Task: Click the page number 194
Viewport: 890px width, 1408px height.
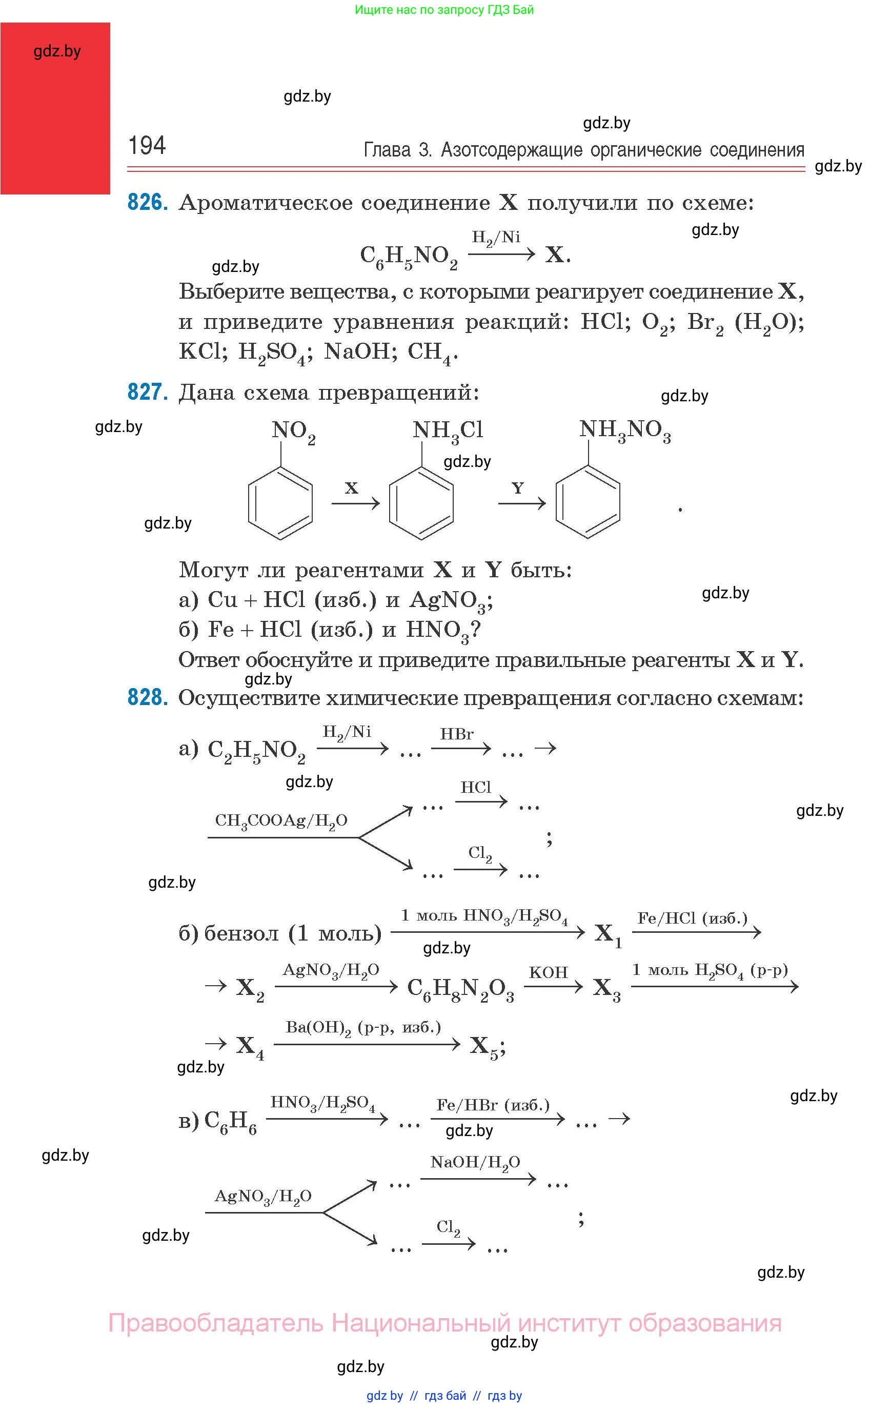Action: pyautogui.click(x=147, y=146)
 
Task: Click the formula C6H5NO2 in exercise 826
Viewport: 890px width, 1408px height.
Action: pyautogui.click(x=409, y=257)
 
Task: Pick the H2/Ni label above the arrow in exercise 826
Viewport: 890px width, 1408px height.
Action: pyautogui.click(x=496, y=238)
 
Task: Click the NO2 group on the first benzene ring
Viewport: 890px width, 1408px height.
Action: pyautogui.click(x=293, y=432)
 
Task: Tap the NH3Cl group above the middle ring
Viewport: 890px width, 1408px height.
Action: pyautogui.click(x=448, y=432)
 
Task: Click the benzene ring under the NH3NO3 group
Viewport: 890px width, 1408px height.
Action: pyautogui.click(x=588, y=502)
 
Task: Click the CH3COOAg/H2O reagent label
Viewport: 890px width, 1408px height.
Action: pyautogui.click(x=281, y=821)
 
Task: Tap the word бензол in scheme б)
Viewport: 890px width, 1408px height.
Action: pyautogui.click(x=241, y=934)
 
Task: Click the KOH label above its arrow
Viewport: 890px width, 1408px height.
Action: pyautogui.click(x=548, y=972)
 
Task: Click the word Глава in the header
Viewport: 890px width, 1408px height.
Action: pyautogui.click(x=387, y=150)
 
